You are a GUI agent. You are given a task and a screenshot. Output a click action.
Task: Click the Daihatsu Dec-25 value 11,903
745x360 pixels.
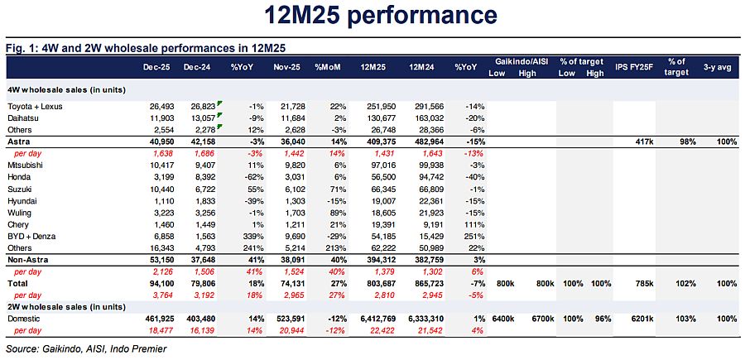[x=156, y=119]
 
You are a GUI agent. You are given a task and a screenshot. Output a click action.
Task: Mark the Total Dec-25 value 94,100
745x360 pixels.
[x=156, y=283]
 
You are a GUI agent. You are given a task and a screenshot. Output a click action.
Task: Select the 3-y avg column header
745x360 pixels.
[x=719, y=65]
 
